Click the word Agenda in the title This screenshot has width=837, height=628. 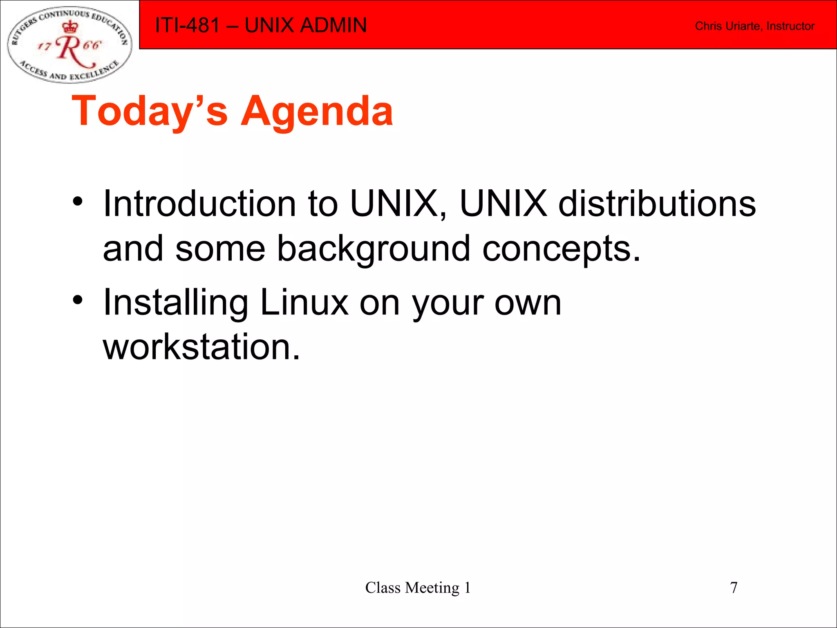317,111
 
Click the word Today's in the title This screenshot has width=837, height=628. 150,111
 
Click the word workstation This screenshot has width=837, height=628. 201,347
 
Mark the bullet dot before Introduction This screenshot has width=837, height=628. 78,202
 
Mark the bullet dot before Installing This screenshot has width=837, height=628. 78,301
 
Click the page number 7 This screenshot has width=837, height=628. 734,588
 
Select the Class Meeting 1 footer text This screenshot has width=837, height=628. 418,588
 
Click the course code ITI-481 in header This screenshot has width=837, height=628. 188,25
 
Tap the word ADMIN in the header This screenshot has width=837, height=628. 333,25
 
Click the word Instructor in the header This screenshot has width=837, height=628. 790,26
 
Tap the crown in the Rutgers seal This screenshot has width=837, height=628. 70,27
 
